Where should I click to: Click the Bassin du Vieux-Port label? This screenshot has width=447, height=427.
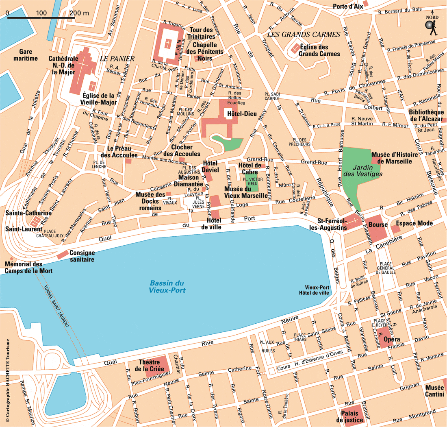[x=167, y=287]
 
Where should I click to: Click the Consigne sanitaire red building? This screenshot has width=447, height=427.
[x=63, y=255]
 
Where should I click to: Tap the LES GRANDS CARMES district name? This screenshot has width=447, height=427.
[x=303, y=35]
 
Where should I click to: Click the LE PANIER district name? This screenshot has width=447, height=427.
[x=117, y=59]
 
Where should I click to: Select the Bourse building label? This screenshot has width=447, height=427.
[x=378, y=224]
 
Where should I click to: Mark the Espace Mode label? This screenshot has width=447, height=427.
[x=414, y=223]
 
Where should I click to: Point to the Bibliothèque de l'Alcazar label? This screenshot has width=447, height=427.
[x=426, y=115]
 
